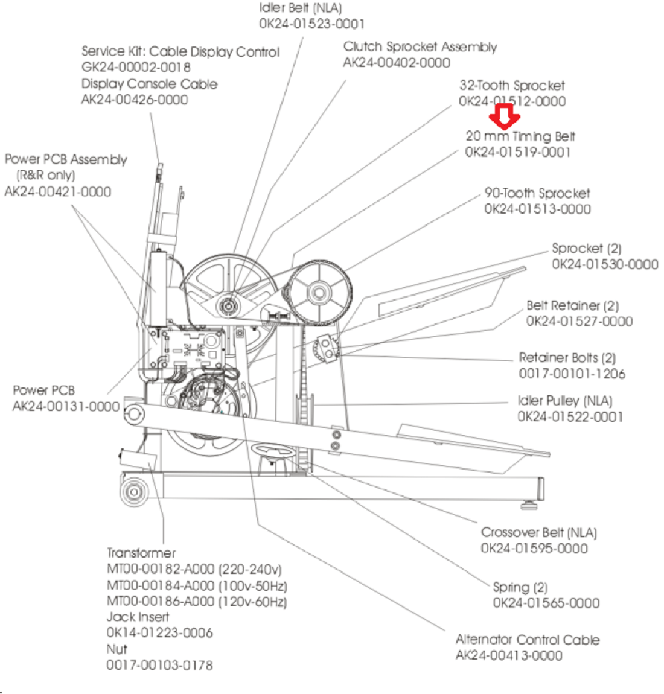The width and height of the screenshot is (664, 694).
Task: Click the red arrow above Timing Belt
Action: pyautogui.click(x=504, y=116)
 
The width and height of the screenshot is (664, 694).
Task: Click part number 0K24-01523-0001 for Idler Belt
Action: pyautogui.click(x=311, y=24)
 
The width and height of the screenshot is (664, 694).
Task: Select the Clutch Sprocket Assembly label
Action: pyautogui.click(x=420, y=47)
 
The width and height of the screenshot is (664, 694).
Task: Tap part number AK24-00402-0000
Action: pyautogui.click(x=397, y=63)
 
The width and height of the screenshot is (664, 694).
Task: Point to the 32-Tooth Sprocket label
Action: pyautogui.click(x=512, y=86)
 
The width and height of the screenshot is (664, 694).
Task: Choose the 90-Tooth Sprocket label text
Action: pyautogui.click(x=537, y=194)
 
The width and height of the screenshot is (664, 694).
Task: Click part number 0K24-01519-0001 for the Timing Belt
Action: pyautogui.click(x=517, y=152)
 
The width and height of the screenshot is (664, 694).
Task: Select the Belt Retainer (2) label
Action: pyautogui.click(x=572, y=306)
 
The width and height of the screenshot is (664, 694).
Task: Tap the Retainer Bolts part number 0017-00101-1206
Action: pyautogui.click(x=572, y=374)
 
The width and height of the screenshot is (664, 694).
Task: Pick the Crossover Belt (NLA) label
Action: pyautogui.click(x=538, y=533)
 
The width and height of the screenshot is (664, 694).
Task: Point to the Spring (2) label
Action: pyautogui.click(x=520, y=587)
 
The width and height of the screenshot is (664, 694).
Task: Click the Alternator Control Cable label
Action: pyautogui.click(x=528, y=640)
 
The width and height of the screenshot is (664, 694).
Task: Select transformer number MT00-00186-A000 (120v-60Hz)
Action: pyautogui.click(x=196, y=602)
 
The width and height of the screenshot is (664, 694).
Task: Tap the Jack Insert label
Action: pyautogui.click(x=138, y=617)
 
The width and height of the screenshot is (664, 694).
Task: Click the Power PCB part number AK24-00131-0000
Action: pyautogui.click(x=66, y=407)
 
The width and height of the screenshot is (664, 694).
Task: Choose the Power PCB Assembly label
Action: pyautogui.click(x=66, y=160)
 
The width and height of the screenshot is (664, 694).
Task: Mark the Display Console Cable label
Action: pyautogui.click(x=149, y=84)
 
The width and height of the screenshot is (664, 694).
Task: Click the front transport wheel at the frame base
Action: pyautogui.click(x=134, y=491)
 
